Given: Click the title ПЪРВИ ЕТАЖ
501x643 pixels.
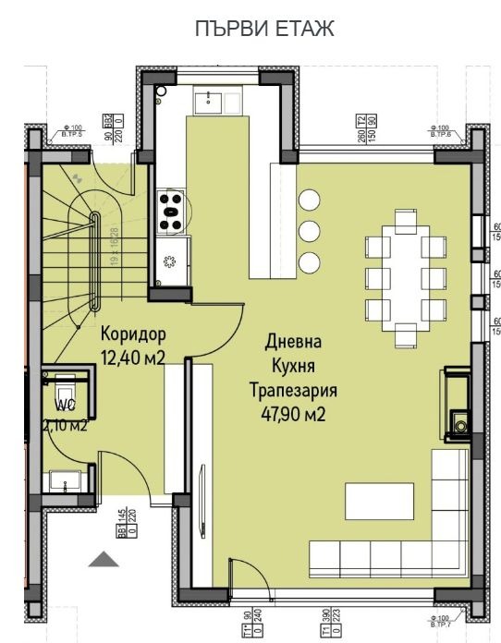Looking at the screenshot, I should click(x=264, y=30).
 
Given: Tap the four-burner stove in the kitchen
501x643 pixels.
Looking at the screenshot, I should click(x=170, y=211).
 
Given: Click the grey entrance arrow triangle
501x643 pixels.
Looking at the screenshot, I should click(x=104, y=559).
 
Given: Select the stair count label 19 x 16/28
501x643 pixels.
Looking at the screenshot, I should click(x=115, y=247).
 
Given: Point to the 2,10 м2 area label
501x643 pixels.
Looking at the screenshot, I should click(x=64, y=425).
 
